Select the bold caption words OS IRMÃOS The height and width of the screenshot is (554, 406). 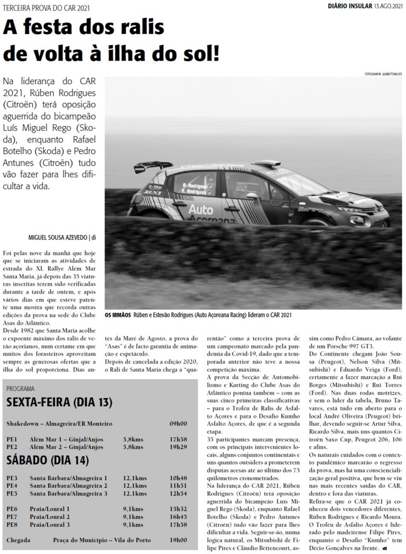coord(117,316)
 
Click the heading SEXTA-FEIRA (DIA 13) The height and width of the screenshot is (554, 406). coord(59,402)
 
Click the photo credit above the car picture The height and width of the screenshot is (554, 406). coord(383,74)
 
